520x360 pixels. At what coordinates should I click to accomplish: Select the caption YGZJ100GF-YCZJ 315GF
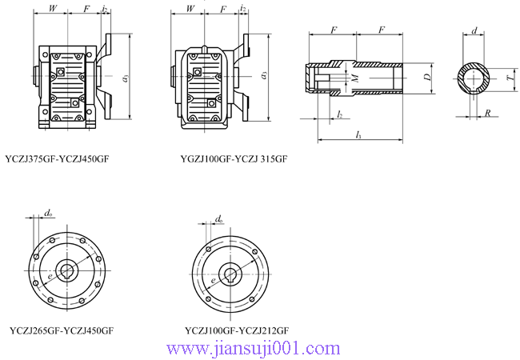234,159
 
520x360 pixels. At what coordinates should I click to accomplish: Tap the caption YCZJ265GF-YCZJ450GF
61,330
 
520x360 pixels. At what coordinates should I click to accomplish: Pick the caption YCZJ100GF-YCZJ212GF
236,330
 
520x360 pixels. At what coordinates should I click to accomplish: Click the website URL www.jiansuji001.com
253,349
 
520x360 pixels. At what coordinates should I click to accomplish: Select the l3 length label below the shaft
358,137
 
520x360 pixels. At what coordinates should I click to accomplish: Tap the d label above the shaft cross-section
476,31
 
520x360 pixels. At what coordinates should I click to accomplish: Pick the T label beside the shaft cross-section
510,80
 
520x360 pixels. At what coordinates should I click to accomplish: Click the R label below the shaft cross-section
488,114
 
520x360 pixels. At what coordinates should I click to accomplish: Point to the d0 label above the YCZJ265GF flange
49,213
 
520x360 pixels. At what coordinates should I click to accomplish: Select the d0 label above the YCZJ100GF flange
220,218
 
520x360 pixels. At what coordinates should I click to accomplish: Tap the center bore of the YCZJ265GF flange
66,268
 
